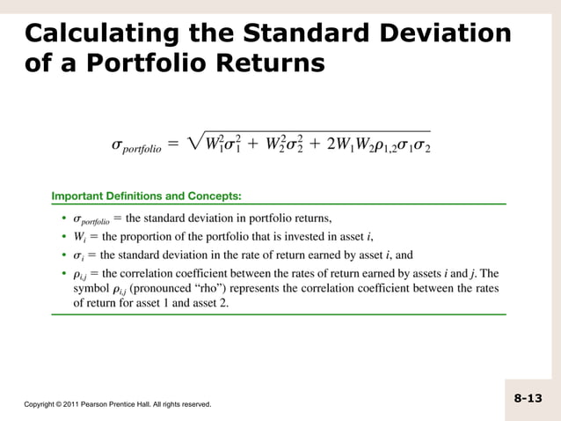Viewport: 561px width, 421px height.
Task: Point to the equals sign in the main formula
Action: click(x=174, y=144)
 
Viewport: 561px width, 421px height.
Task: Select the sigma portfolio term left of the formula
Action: click(x=136, y=146)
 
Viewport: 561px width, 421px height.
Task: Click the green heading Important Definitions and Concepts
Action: click(x=147, y=196)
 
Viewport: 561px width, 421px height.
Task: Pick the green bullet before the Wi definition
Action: click(x=65, y=237)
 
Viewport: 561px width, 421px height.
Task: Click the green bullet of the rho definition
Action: click(x=65, y=274)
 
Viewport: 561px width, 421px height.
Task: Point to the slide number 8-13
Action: click(x=528, y=399)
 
